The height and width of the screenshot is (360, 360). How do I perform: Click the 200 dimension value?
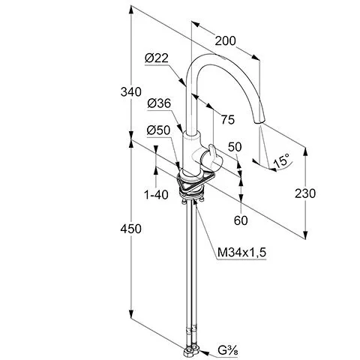pos(225,41)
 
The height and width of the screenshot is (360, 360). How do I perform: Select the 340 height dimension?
pos(130,91)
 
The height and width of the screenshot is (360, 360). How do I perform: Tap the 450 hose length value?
pos(130,229)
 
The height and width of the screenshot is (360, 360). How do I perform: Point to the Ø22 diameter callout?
pos(157,58)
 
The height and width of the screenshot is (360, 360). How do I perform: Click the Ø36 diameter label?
pos(159,103)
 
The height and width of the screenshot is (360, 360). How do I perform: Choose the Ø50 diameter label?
pos(158,130)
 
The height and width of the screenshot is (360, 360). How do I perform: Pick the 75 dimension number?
pos(228,119)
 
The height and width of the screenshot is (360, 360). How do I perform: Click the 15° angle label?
pos(281,161)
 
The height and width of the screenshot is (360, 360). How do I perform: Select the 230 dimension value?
pos(305,193)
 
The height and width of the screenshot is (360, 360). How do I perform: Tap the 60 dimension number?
pos(241,220)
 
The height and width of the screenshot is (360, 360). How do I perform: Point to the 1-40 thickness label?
pos(157,194)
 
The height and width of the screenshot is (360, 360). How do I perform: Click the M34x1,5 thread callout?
pos(241,253)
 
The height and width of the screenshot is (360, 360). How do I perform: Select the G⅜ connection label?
pos(228,350)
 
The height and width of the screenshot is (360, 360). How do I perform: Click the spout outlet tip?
pos(259,122)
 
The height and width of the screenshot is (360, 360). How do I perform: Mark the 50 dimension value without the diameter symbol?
pos(235,147)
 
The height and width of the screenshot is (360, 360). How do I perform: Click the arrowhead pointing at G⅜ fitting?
pos(204,352)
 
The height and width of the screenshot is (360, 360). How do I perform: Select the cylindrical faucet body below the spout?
pos(192,152)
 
